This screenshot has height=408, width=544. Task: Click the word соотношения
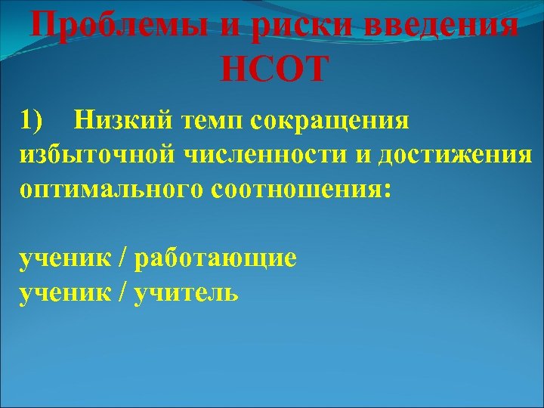point(298,189)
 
